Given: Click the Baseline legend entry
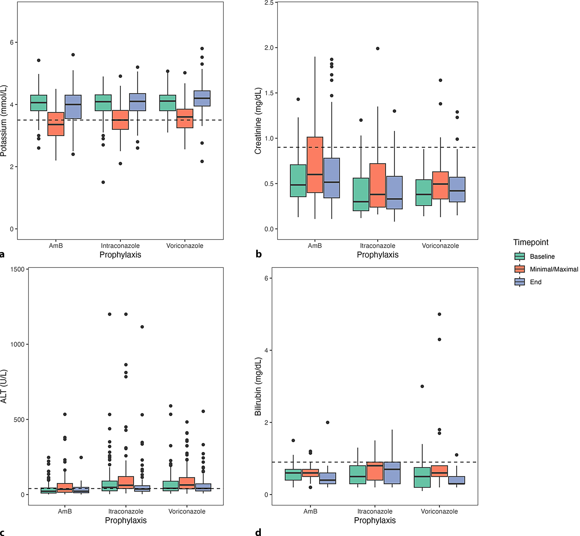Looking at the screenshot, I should pos(542,256).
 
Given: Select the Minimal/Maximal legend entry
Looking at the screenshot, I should pos(554,269).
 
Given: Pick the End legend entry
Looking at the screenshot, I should pos(535,282).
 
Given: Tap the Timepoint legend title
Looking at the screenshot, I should pos(531,242).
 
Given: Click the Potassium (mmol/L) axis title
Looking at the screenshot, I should pos(3,121).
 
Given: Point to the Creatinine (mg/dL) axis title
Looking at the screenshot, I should pos(258,121).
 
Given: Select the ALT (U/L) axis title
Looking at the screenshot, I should pos(3,386).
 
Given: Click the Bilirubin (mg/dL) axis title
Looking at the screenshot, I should pos(258,386).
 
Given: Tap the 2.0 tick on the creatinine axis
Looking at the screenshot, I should pos(269,48).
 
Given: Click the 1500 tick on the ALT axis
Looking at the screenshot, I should pos(17,270).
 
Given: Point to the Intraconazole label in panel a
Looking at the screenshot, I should pos(120,246).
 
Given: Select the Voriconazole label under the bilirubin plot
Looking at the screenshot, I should pos(439,511).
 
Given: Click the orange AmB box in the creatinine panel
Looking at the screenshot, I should pos(315,164).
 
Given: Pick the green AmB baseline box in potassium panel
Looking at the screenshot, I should pos(39,103).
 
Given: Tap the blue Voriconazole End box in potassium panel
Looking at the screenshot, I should pos(202,98).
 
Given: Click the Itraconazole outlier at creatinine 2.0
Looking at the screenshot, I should pos(378,49).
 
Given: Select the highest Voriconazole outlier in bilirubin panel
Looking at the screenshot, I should pos(439,314).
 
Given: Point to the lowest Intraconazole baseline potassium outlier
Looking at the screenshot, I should pos(103,182).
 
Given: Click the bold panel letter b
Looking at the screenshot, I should pos(259,254).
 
